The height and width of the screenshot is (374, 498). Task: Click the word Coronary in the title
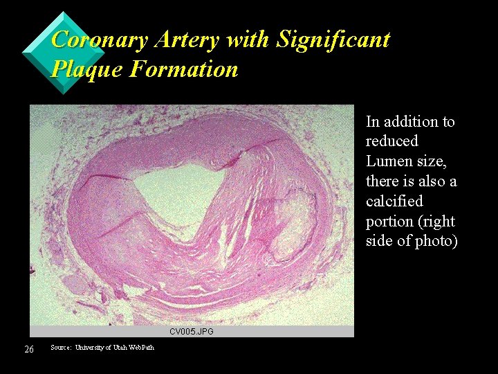pos(100,40)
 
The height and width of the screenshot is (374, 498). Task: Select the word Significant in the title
pos(333,40)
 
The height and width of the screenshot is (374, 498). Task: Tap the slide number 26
pos(29,348)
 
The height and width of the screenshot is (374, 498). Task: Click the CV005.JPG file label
pos(192,332)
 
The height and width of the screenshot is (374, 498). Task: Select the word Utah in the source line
pos(118,347)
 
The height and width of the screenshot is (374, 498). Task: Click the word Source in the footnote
pos(61,347)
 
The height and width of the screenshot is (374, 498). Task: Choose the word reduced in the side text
pos(392,141)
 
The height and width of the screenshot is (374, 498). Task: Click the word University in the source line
pos(92,347)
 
